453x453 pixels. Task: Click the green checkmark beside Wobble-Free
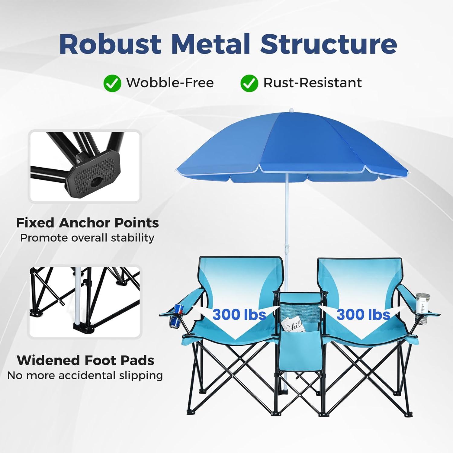point(112,83)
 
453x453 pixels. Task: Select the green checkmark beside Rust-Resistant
point(249,83)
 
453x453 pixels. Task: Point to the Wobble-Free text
point(170,83)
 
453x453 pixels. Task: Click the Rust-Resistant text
point(313,83)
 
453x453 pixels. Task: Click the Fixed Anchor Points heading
point(87,223)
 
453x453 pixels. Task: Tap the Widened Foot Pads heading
point(85,360)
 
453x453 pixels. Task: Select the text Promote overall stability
point(87,238)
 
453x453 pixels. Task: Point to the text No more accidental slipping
point(85,375)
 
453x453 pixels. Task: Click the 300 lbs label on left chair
point(239,315)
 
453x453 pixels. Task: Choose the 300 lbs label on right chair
point(363,315)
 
